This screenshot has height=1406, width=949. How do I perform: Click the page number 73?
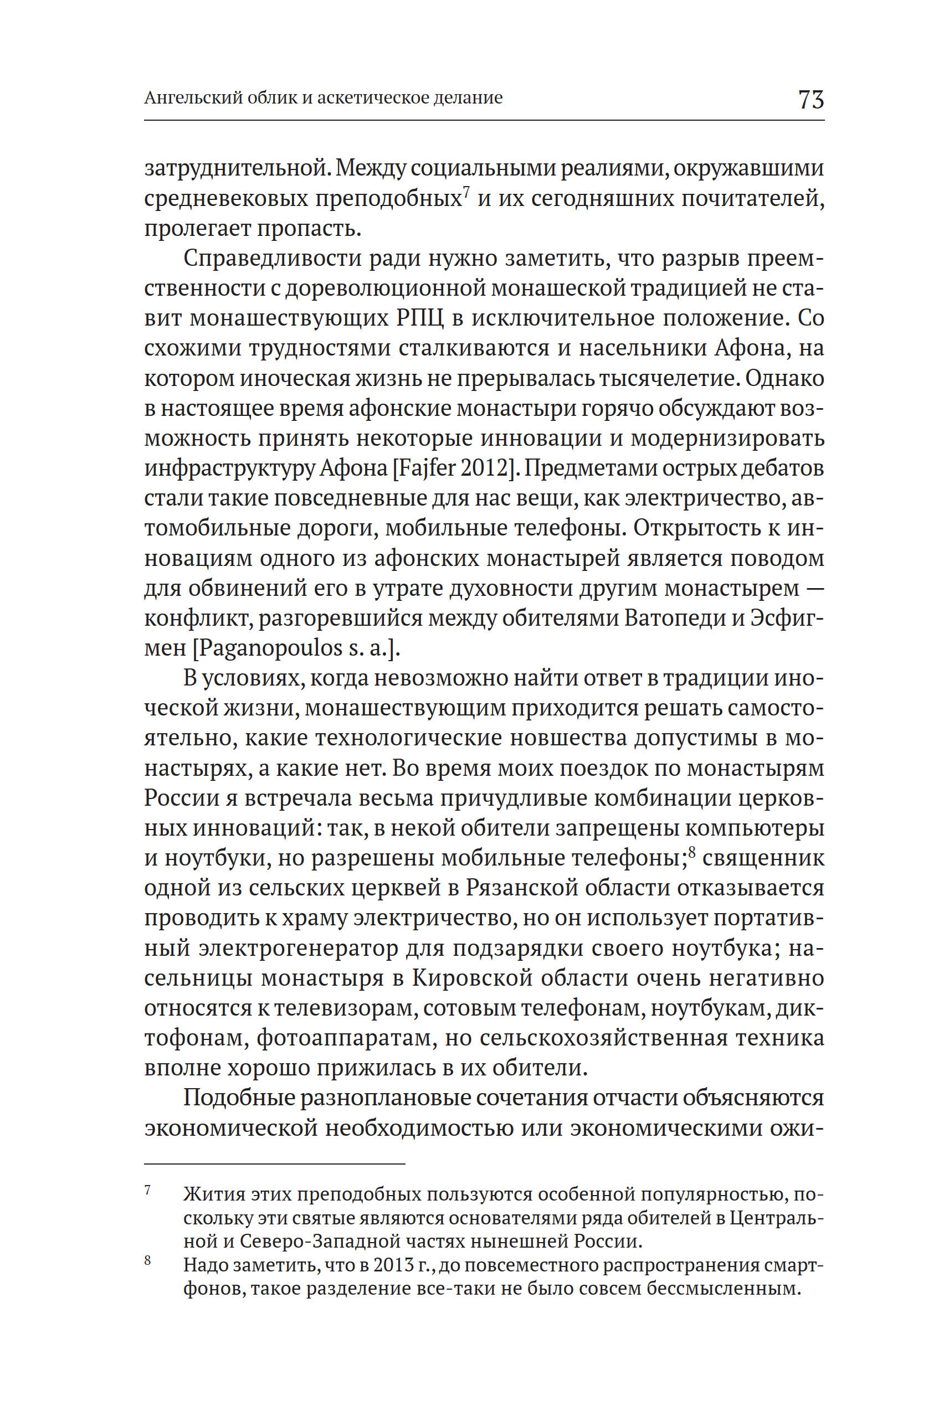[811, 99]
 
